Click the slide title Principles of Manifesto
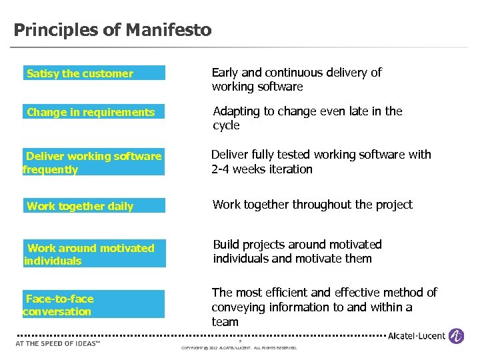[x=113, y=30]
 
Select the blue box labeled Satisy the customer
[x=93, y=73]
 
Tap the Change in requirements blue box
[x=93, y=112]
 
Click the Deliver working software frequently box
[x=93, y=163]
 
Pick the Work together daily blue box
[x=93, y=206]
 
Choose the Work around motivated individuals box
[x=93, y=254]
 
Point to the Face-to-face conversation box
[x=93, y=305]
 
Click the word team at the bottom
[x=225, y=322]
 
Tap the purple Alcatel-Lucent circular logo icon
[x=457, y=336]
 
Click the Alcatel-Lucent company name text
[x=417, y=336]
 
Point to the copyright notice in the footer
[x=239, y=348]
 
